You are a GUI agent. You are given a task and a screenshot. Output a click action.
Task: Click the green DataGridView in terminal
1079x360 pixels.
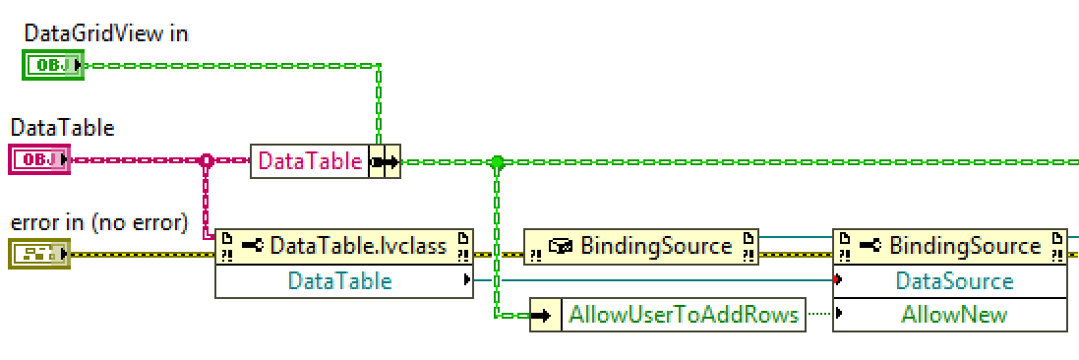click(x=50, y=66)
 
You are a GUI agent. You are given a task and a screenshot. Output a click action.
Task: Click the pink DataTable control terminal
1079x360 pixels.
click(x=38, y=159)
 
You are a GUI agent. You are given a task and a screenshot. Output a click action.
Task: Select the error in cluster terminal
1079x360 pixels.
click(x=38, y=254)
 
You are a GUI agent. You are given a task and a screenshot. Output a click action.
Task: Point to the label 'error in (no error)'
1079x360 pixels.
click(x=98, y=223)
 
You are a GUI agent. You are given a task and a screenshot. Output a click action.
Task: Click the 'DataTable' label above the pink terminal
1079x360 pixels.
click(x=62, y=128)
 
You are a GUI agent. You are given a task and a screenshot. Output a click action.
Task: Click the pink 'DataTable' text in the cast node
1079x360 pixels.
click(x=310, y=161)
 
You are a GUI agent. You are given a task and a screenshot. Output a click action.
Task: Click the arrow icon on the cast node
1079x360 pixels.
click(x=385, y=161)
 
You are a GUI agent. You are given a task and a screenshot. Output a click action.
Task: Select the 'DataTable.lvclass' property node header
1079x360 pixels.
click(x=343, y=246)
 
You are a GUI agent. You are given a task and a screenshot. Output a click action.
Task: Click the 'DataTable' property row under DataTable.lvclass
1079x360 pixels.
click(x=339, y=281)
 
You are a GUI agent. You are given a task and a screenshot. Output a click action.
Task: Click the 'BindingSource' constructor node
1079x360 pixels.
click(x=640, y=246)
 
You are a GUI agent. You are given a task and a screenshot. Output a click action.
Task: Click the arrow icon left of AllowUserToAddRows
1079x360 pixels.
click(x=542, y=315)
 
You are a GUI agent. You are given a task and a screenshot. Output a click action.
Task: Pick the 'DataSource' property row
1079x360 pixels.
click(x=953, y=281)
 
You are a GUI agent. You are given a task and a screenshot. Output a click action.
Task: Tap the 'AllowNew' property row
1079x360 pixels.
click(x=953, y=315)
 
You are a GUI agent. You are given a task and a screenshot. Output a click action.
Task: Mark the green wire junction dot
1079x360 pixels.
click(x=497, y=161)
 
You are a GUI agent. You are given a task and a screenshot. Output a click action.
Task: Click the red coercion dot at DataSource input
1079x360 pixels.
click(x=836, y=281)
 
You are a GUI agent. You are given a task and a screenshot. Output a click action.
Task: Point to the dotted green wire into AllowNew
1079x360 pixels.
click(x=818, y=315)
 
